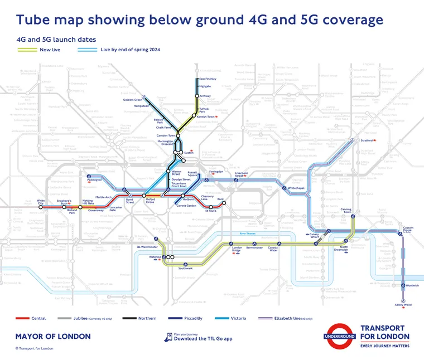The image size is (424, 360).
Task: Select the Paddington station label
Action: click(x=95, y=180)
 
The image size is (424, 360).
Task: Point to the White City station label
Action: click(x=41, y=202)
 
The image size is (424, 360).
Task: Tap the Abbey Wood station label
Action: click(x=402, y=305)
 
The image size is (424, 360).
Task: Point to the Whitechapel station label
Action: click(x=296, y=188)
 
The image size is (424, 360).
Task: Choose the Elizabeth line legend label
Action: click(x=290, y=319)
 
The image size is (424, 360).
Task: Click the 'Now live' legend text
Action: click(x=50, y=50)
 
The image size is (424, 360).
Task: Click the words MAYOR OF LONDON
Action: click(x=52, y=337)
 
